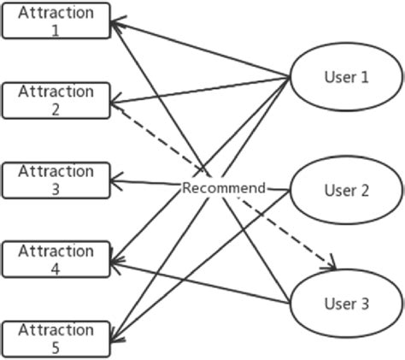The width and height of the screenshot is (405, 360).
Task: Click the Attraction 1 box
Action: [56, 21]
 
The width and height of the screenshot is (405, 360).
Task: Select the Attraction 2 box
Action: [56, 99]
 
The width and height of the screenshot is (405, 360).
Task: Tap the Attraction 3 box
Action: [56, 180]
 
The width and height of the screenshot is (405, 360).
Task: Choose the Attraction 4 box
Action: [56, 259]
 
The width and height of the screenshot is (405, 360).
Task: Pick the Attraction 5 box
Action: [56, 339]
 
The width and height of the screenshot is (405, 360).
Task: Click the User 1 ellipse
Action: [346, 77]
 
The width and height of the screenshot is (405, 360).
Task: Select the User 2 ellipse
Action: [346, 190]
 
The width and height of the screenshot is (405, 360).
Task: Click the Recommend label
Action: [224, 187]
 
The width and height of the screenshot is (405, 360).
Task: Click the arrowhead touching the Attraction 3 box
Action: [117, 180]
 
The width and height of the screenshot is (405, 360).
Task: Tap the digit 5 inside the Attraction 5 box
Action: [56, 347]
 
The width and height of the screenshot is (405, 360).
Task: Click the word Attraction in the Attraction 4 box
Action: [56, 251]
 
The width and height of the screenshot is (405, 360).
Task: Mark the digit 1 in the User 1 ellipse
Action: [365, 77]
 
